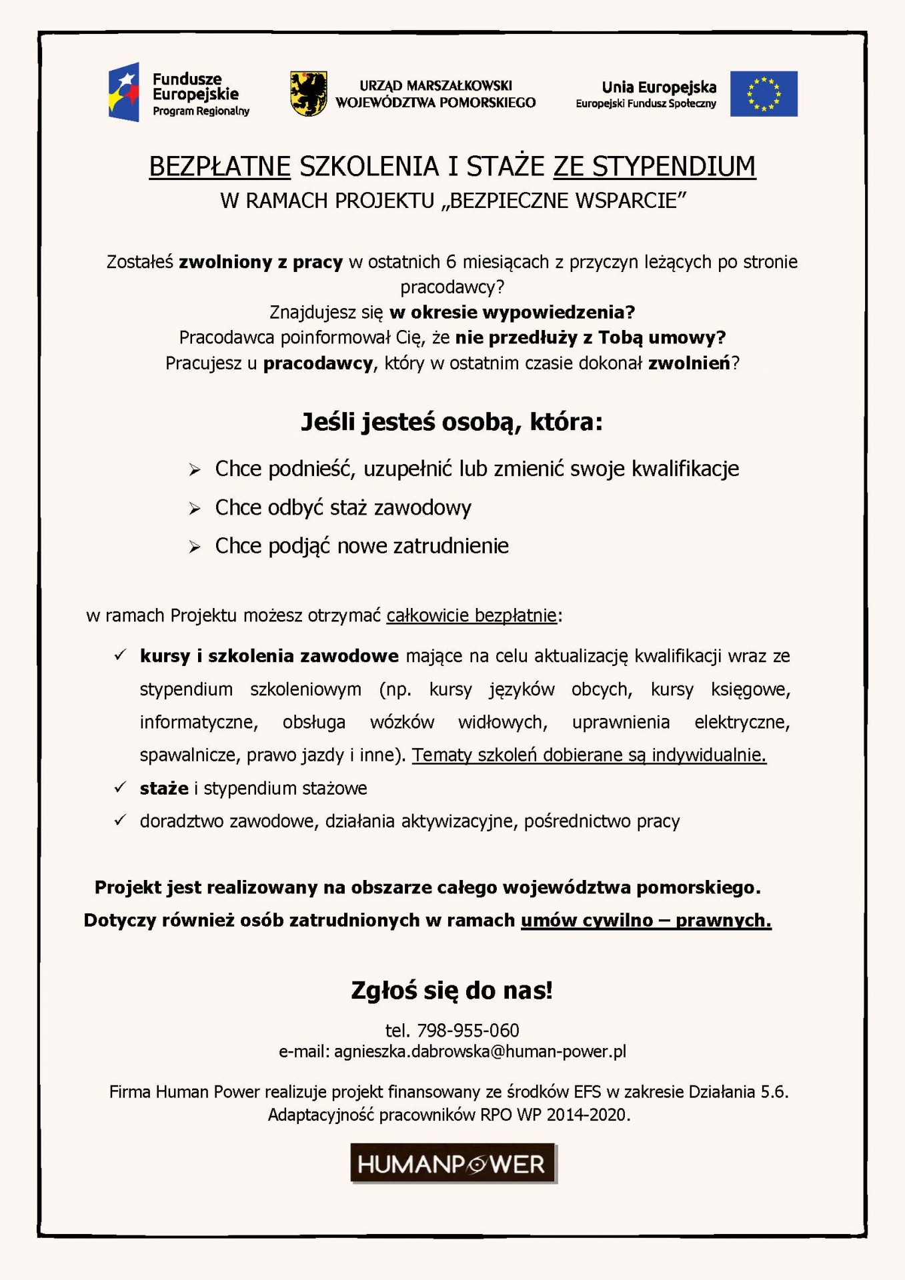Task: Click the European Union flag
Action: (763, 94)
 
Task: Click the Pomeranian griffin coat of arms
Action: (309, 94)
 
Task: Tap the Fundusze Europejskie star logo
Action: (124, 92)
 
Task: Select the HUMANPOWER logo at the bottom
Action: (453, 1163)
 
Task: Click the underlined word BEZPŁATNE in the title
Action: (219, 167)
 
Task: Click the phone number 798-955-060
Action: (468, 1031)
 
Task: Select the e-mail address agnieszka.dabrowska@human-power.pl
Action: (480, 1051)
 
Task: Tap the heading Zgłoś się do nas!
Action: (452, 991)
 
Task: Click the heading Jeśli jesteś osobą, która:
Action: (452, 422)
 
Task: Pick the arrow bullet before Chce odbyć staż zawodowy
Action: (195, 509)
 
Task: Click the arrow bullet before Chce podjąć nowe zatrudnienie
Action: (195, 547)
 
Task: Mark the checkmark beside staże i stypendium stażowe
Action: (120, 787)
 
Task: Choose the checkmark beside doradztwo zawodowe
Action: (120, 820)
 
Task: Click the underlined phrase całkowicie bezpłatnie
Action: (472, 615)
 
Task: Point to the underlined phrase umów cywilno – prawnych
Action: (646, 921)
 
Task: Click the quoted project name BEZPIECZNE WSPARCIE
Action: (564, 201)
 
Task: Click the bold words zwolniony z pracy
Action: (261, 262)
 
